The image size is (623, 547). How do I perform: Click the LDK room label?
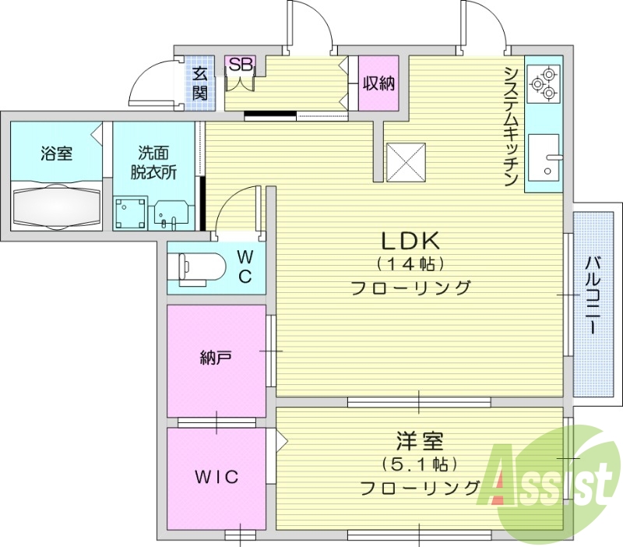coord(410,239)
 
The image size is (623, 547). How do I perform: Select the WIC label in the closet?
coord(216,477)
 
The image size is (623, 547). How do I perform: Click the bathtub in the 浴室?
coord(58,204)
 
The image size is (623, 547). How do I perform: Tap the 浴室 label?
coord(57,154)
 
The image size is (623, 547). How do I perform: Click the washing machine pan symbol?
coord(130,212)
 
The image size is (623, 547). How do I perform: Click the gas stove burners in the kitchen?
coord(543,84)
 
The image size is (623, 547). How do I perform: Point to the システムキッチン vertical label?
coord(512,125)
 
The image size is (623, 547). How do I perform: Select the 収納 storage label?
coord(378,83)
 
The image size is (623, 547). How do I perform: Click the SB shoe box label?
coord(240,64)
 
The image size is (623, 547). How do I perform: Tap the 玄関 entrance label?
coord(200,84)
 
